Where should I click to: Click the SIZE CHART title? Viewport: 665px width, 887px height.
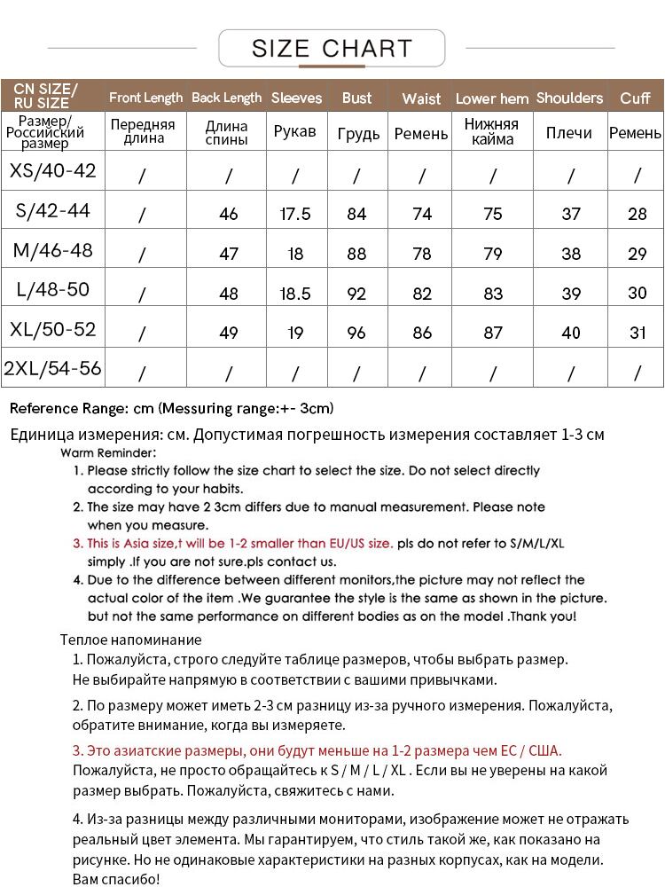pyautogui.click(x=332, y=48)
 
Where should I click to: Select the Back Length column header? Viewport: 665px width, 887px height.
pyautogui.click(x=227, y=98)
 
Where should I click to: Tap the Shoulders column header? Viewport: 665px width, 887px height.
pyautogui.click(x=569, y=98)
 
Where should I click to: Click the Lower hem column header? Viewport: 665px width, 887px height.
pyautogui.click(x=492, y=98)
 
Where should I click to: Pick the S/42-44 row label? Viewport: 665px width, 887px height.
pyautogui.click(x=53, y=211)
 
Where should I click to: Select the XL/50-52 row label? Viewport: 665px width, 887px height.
pyautogui.click(x=53, y=330)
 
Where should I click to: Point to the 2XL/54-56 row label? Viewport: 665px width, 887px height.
pyautogui.click(x=53, y=369)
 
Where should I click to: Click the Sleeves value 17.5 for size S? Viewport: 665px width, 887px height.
pyautogui.click(x=295, y=214)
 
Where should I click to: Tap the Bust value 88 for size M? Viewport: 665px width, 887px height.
pyautogui.click(x=356, y=254)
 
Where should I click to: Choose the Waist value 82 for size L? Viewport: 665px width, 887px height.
pyautogui.click(x=422, y=294)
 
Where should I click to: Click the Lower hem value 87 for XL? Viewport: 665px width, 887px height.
pyautogui.click(x=493, y=334)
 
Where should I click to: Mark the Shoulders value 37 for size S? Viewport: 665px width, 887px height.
pyautogui.click(x=571, y=214)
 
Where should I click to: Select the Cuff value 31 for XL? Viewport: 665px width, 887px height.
pyautogui.click(x=637, y=334)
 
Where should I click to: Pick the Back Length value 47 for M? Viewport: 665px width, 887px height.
pyautogui.click(x=229, y=254)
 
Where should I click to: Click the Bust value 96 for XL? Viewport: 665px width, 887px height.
pyautogui.click(x=356, y=334)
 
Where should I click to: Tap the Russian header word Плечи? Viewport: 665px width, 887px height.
pyautogui.click(x=569, y=132)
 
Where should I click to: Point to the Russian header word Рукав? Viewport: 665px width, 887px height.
pyautogui.click(x=295, y=132)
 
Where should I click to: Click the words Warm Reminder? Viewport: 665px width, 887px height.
pyautogui.click(x=108, y=452)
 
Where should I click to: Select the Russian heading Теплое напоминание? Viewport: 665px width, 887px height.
pyautogui.click(x=131, y=640)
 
